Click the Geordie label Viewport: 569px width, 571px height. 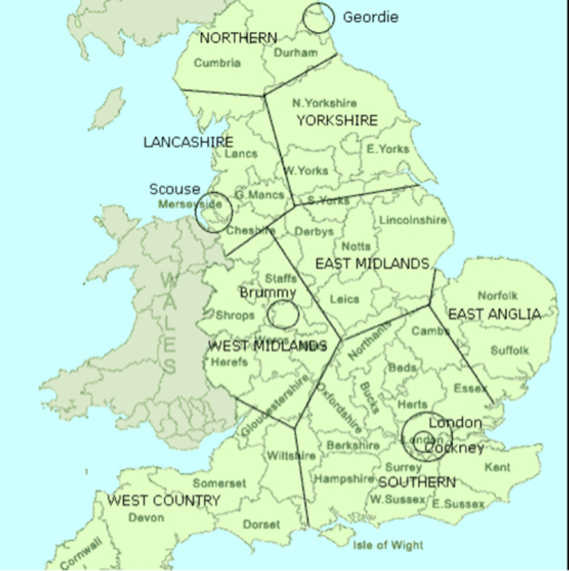pyautogui.click(x=371, y=17)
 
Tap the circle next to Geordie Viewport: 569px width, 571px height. pyautogui.click(x=317, y=17)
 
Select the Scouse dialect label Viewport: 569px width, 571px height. pyautogui.click(x=174, y=189)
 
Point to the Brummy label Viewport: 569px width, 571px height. pyautogui.click(x=267, y=293)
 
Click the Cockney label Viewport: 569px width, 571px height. pyautogui.click(x=455, y=448)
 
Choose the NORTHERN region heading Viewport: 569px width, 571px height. pyautogui.click(x=238, y=38)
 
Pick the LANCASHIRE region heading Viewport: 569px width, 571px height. pyautogui.click(x=188, y=142)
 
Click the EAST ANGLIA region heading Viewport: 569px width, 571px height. pyautogui.click(x=494, y=314)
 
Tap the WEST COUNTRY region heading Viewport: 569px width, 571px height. pyautogui.click(x=164, y=501)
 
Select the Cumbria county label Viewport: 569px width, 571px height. pyautogui.click(x=218, y=63)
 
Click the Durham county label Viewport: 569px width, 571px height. pyautogui.click(x=294, y=53)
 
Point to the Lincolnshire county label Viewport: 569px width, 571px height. pyautogui.click(x=413, y=220)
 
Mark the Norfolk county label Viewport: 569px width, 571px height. pyautogui.click(x=498, y=295)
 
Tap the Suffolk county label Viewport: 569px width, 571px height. pyautogui.click(x=510, y=351)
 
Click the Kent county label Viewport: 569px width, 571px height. pyautogui.click(x=497, y=467)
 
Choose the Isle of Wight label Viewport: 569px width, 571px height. pyautogui.click(x=388, y=545)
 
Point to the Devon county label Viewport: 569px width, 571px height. pyautogui.click(x=146, y=518)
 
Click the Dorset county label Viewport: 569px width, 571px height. pyautogui.click(x=262, y=525)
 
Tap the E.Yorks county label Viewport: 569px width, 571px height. pyautogui.click(x=388, y=149)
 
